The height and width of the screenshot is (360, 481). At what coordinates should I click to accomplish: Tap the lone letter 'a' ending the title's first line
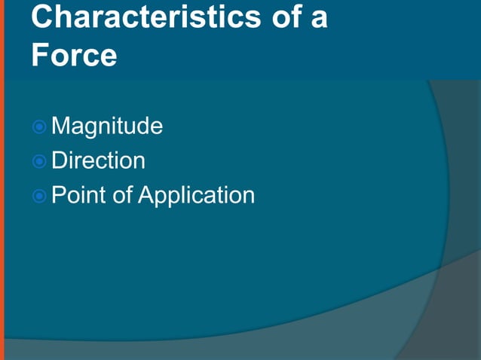click(x=319, y=19)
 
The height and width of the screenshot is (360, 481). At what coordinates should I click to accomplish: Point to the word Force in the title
click(x=74, y=56)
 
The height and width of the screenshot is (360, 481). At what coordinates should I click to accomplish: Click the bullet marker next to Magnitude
click(x=40, y=127)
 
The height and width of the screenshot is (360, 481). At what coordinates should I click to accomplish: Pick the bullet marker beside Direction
click(x=40, y=161)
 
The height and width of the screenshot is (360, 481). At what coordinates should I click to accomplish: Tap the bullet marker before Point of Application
click(x=40, y=196)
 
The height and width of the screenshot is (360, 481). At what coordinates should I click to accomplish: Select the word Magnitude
click(x=107, y=127)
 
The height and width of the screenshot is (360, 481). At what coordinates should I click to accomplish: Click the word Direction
click(x=98, y=160)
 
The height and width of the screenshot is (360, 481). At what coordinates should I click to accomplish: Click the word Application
click(x=197, y=196)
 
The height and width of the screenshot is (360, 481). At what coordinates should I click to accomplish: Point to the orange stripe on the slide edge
click(x=2, y=180)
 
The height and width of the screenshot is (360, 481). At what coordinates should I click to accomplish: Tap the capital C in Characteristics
click(x=43, y=17)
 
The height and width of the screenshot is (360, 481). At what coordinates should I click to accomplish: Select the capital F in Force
click(x=39, y=56)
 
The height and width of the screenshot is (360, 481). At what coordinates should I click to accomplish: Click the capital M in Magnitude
click(x=60, y=126)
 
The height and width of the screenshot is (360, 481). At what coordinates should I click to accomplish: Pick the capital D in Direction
click(x=59, y=160)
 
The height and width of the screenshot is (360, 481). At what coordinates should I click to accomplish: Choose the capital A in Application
click(x=146, y=195)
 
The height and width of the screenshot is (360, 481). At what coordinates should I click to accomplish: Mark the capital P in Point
click(x=58, y=195)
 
